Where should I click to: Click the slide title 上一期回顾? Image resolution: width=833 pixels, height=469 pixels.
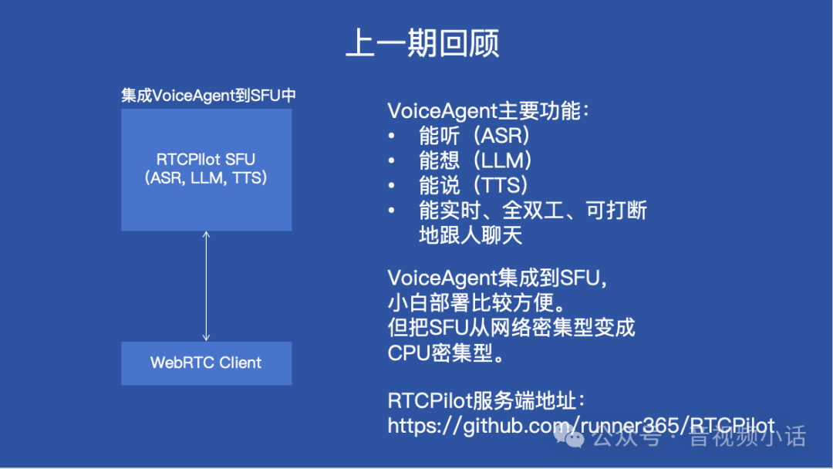pos(422,43)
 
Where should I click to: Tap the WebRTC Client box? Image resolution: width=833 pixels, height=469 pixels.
pos(206,363)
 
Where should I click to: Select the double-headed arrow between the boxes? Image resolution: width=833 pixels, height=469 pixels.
pos(206,286)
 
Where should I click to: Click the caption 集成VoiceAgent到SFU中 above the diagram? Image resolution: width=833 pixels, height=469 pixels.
pos(208,96)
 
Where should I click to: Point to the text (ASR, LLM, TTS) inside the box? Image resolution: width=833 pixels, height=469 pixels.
pos(206,178)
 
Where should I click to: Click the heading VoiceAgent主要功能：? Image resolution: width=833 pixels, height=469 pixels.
pos(488,111)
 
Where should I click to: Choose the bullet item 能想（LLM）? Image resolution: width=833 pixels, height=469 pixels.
pos(476,160)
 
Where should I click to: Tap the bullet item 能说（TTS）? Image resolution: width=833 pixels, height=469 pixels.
pos(474,185)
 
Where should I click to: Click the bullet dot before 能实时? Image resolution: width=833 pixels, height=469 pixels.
pos(392,211)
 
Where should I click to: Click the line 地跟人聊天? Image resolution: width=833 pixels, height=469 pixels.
pos(470,235)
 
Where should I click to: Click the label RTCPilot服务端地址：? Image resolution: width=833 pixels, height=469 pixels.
pos(487,401)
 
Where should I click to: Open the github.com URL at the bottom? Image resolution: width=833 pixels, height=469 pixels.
pos(581,425)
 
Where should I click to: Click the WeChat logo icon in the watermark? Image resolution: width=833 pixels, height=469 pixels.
pos(574,438)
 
